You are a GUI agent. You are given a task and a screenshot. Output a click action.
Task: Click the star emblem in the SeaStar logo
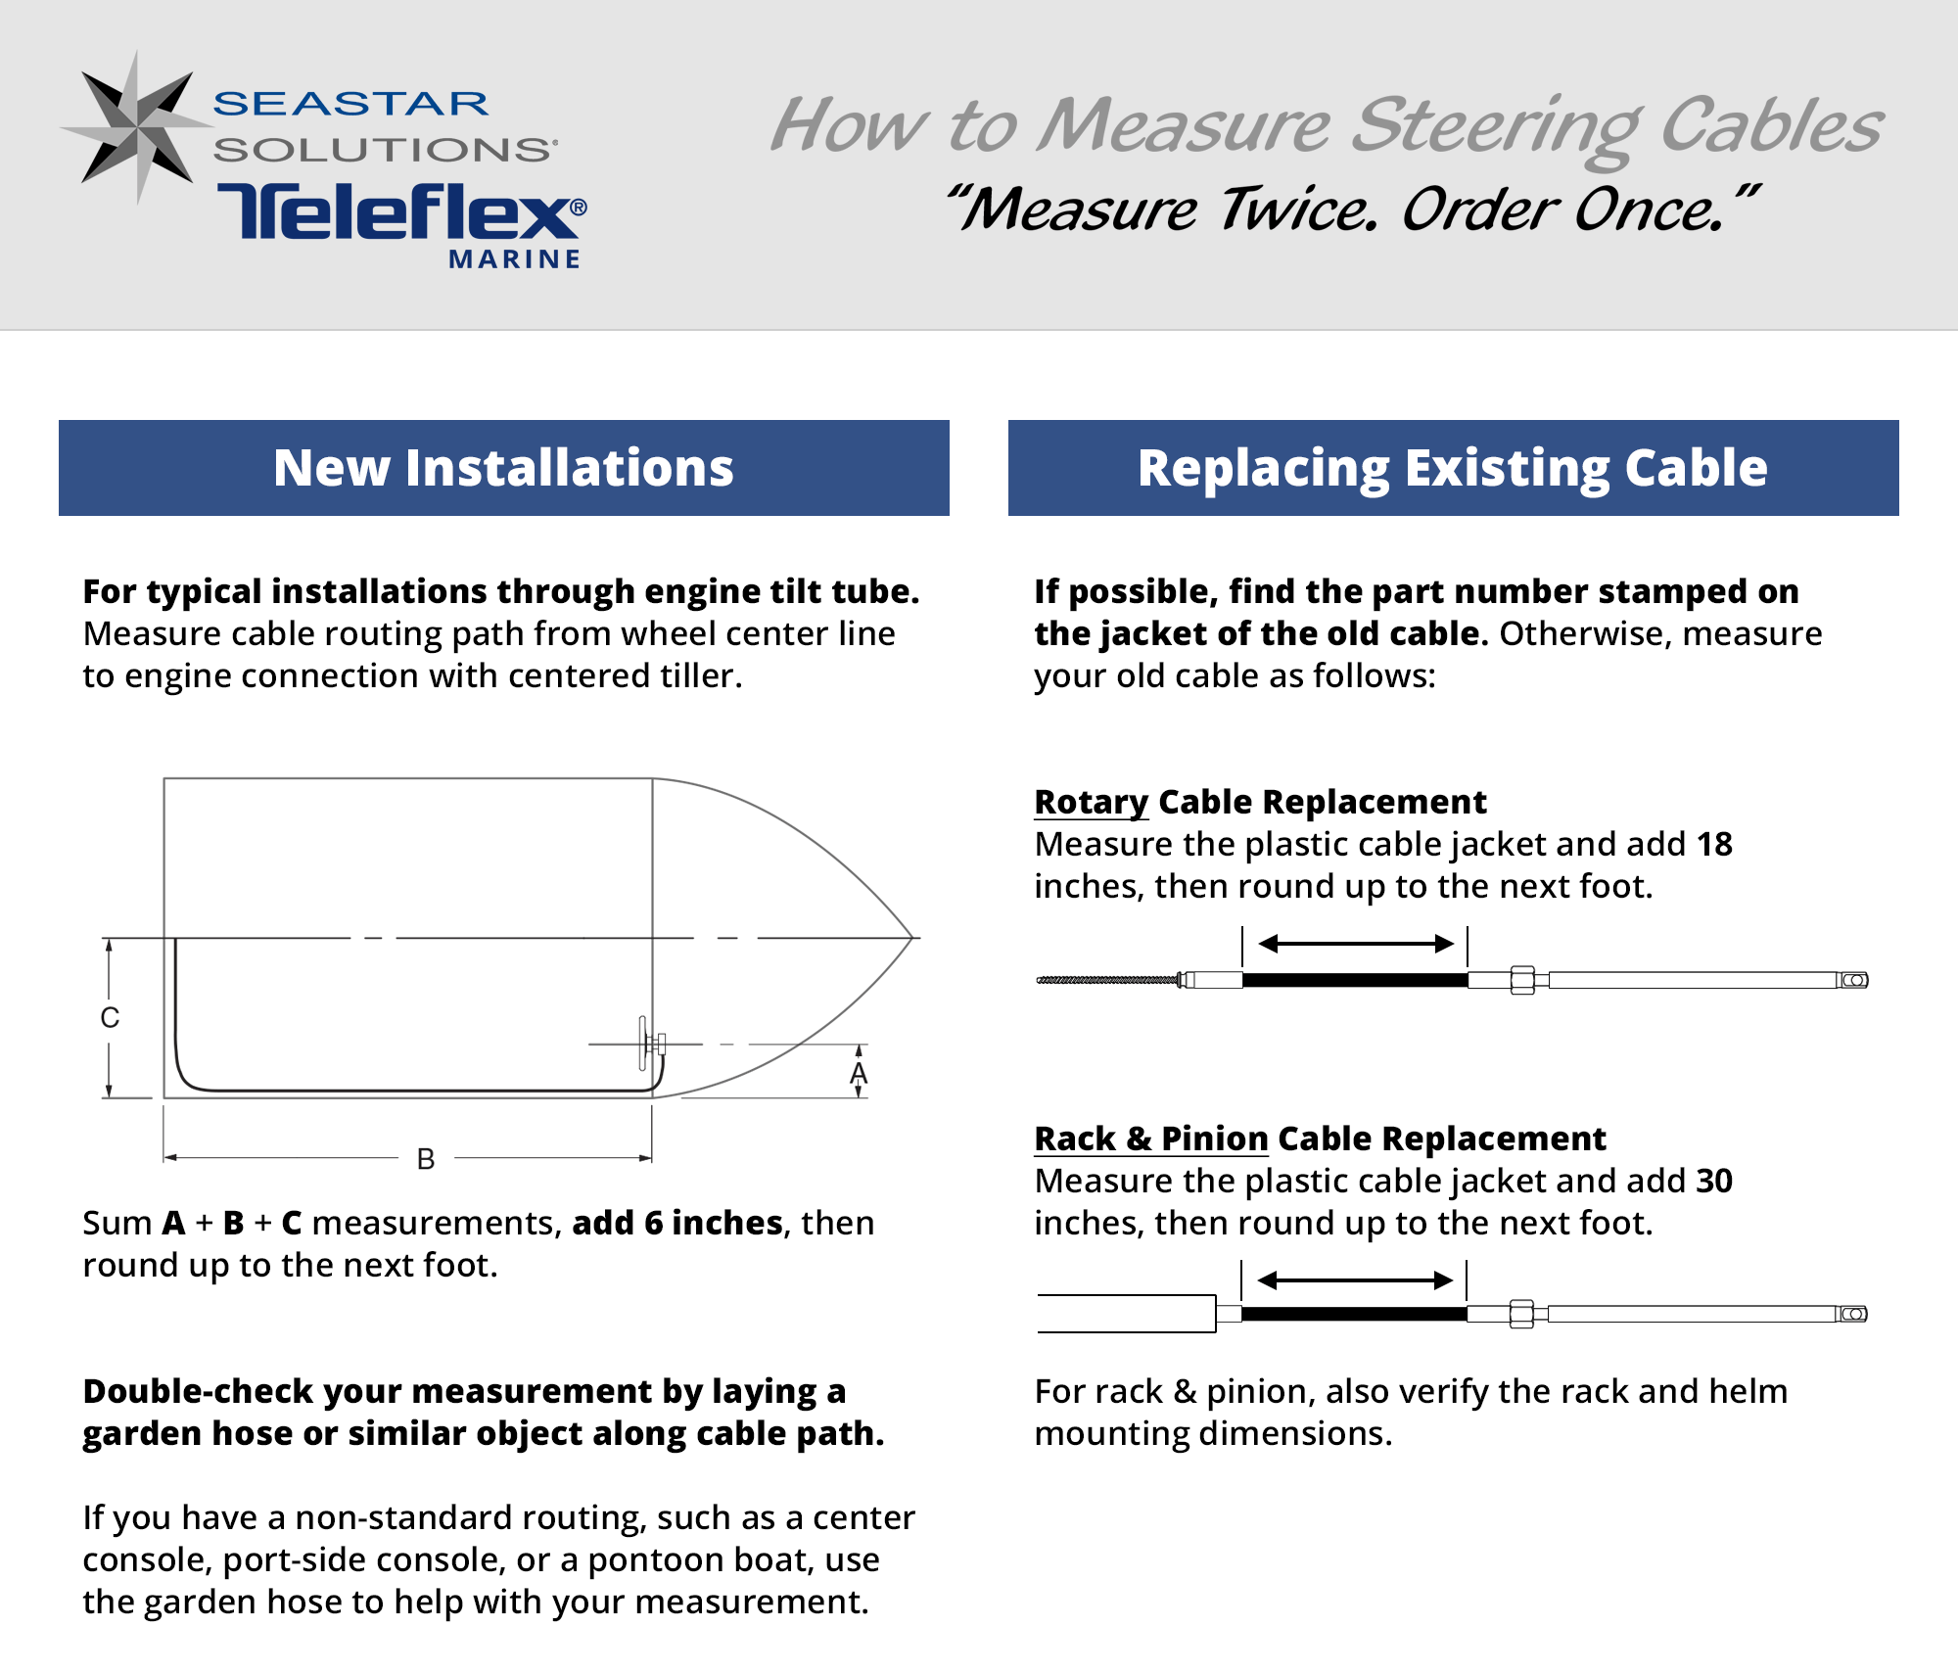[x=137, y=127]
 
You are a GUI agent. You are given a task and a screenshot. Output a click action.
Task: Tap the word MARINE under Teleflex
[x=515, y=259]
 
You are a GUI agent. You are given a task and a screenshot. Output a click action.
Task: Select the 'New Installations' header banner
[x=503, y=468]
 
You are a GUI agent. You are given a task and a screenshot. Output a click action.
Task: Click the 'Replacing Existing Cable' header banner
[x=1453, y=468]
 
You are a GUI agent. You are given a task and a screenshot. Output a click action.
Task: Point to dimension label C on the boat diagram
[x=110, y=1018]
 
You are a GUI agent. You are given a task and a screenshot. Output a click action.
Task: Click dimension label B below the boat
[x=426, y=1159]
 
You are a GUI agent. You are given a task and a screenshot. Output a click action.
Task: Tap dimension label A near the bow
[x=859, y=1074]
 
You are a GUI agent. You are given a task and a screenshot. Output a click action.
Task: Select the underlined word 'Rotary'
[x=1091, y=802]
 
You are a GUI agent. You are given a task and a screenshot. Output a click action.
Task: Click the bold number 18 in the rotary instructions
[x=1714, y=844]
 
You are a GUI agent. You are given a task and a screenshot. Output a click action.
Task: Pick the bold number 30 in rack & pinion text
[x=1714, y=1181]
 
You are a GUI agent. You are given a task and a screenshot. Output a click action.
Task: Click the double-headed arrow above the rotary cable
[x=1356, y=944]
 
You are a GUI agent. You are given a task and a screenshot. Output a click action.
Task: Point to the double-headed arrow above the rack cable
[x=1355, y=1280]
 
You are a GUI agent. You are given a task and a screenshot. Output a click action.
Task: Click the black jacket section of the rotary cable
[x=1355, y=980]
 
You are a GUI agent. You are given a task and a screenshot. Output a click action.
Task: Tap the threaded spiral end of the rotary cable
[x=1106, y=980]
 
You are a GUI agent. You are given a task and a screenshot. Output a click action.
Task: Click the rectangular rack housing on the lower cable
[x=1126, y=1314]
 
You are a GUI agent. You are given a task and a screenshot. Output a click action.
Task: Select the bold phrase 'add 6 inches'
[x=677, y=1223]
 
